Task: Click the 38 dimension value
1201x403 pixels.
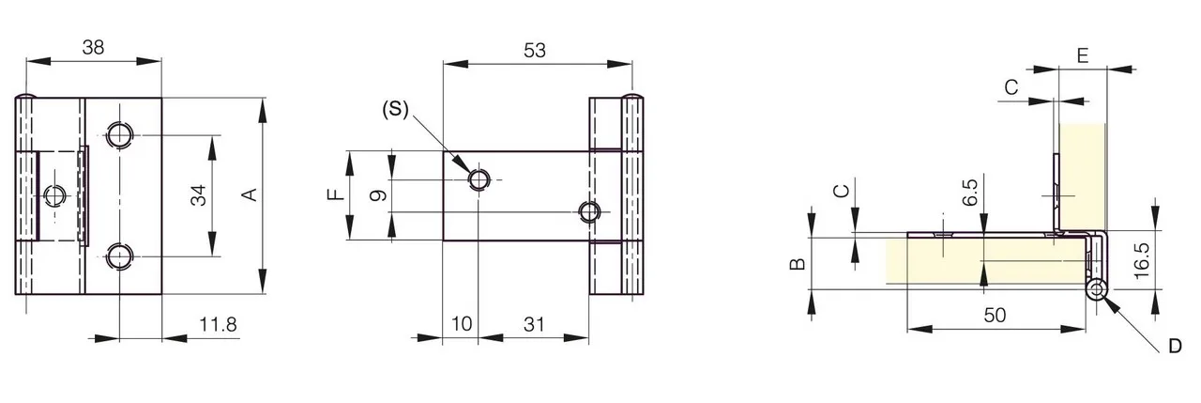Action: click(x=93, y=47)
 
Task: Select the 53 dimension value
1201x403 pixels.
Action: click(x=535, y=50)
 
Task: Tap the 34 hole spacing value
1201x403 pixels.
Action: click(x=198, y=195)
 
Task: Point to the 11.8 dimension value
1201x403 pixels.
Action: click(x=219, y=324)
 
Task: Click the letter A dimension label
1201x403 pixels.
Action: click(x=250, y=194)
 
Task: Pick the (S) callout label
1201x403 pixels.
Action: click(x=395, y=109)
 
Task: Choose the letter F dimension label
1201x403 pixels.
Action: click(x=336, y=194)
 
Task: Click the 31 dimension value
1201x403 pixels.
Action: click(x=534, y=324)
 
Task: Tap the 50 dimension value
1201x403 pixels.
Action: click(x=995, y=315)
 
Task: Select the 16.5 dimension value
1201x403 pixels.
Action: click(x=1142, y=260)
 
